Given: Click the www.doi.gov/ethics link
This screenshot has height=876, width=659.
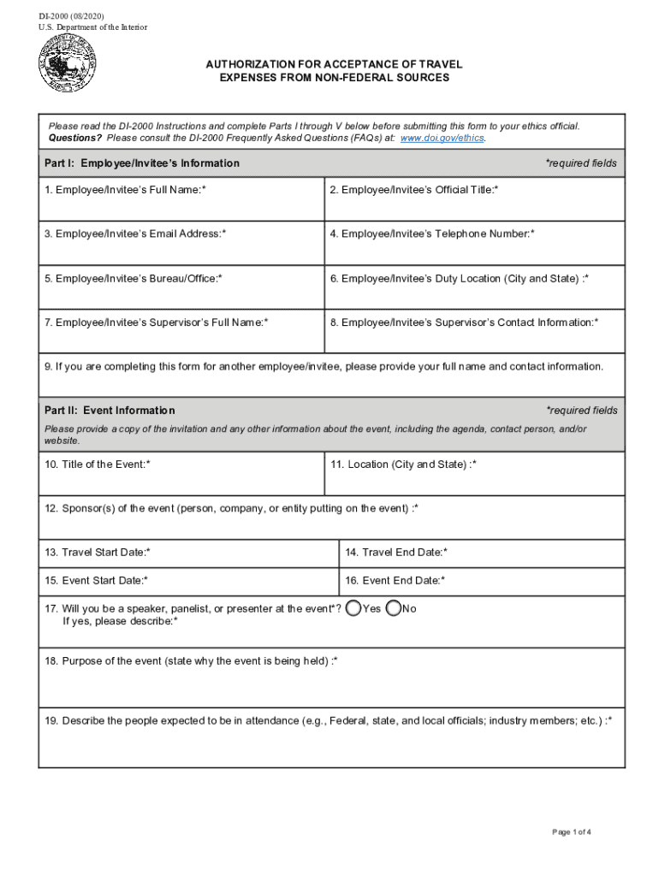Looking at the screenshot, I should (x=442, y=138).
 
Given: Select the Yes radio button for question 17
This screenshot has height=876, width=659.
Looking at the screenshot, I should (x=354, y=608).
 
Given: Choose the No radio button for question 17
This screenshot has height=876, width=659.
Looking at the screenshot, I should (x=394, y=608).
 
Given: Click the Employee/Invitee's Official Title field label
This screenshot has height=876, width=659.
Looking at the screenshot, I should (x=414, y=189).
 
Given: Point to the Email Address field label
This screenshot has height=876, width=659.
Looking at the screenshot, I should (x=135, y=234).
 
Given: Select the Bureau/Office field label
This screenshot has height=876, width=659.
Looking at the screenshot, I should (x=134, y=278).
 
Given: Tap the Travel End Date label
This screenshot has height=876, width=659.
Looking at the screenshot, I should (x=396, y=553).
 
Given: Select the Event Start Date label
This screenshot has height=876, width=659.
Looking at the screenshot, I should (x=96, y=581).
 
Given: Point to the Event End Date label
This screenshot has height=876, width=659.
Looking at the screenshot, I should (x=395, y=581).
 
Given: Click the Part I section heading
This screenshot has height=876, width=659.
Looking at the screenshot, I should (x=142, y=163).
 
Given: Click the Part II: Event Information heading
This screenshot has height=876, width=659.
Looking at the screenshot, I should (x=110, y=411).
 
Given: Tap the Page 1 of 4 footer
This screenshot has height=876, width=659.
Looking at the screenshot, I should (x=573, y=832).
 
